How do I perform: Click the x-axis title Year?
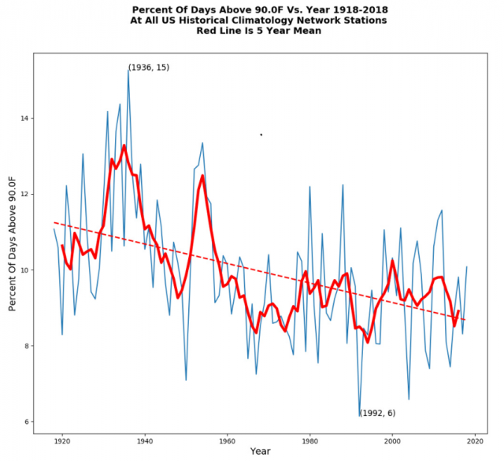click(x=260, y=452)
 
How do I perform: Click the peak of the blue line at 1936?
click(x=128, y=69)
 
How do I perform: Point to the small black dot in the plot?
click(x=261, y=135)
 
